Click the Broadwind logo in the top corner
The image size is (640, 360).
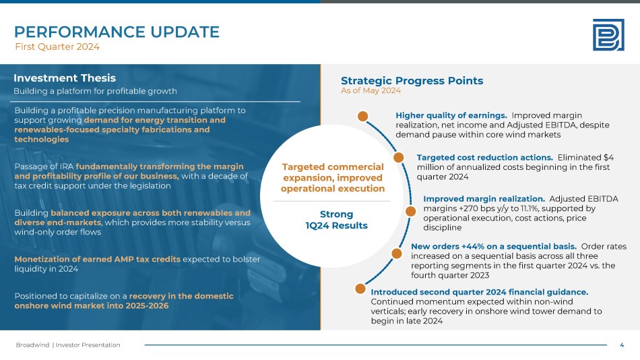608,35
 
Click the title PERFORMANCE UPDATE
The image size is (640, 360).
117,32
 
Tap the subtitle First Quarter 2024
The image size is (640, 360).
57,47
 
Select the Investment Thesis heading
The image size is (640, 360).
65,78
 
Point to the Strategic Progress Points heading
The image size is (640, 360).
412,80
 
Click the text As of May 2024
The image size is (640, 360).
371,90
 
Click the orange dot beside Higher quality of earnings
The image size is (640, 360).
362,117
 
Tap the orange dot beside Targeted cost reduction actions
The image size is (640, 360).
398,157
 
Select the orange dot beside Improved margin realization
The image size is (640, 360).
411,211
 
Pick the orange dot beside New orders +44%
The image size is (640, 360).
397,253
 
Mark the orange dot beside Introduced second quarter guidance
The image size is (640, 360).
360,289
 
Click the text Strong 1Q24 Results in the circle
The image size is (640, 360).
336,220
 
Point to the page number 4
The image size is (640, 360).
622,345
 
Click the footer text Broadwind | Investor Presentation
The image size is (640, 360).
68,345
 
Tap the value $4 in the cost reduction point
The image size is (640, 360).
608,157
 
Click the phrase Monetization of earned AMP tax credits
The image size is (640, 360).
97,259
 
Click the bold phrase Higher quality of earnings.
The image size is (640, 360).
451,116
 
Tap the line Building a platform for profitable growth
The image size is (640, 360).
95,91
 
